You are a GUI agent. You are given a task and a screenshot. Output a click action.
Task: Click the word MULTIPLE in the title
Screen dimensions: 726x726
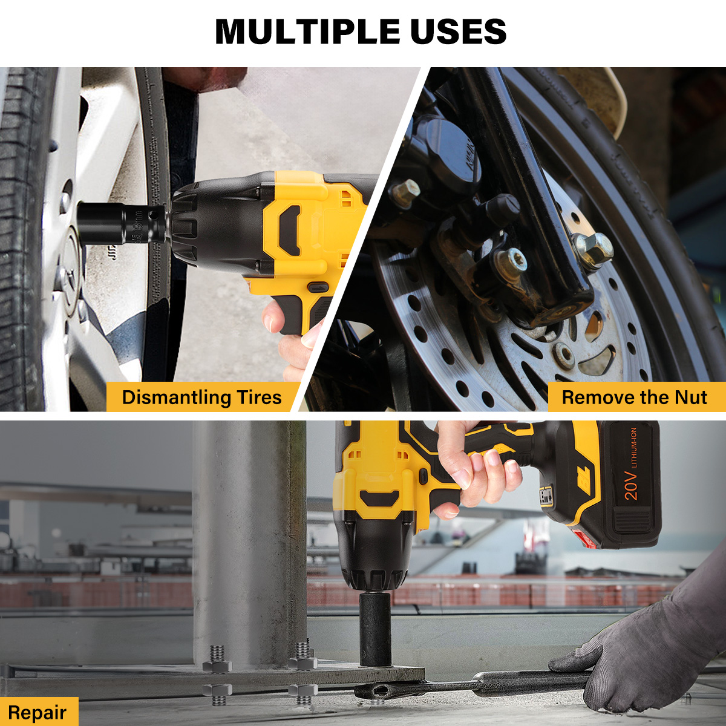[x=307, y=31]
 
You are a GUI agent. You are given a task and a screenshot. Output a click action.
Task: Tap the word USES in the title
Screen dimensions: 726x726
[x=458, y=31]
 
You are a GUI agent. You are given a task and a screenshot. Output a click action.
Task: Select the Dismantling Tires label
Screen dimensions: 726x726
[x=202, y=397]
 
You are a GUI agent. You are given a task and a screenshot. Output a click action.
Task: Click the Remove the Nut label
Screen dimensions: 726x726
[x=635, y=397]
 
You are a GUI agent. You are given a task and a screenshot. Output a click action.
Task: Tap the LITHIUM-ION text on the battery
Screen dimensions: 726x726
[x=633, y=447]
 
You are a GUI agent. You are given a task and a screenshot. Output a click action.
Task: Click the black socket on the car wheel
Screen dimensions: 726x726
[x=122, y=223]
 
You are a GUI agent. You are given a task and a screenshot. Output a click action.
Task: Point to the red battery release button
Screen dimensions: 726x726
[x=583, y=540]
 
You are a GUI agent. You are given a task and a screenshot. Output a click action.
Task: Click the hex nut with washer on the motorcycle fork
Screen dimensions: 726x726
[x=593, y=250]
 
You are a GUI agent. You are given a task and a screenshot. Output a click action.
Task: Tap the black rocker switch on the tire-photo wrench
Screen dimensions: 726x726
[x=318, y=287]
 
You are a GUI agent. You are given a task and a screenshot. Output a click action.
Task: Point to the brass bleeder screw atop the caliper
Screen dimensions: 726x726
[x=406, y=192]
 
